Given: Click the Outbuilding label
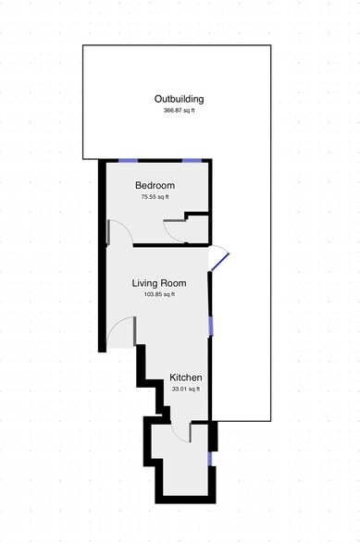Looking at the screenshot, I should (x=179, y=99).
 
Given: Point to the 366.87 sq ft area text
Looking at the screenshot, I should (x=179, y=111).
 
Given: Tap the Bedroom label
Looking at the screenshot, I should (x=155, y=186).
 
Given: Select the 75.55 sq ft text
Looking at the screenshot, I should (x=155, y=197).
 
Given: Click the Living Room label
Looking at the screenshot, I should (x=159, y=283).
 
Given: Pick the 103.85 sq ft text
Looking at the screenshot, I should (x=159, y=294).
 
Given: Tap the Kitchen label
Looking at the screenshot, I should (x=185, y=378).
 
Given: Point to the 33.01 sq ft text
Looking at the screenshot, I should (x=185, y=389).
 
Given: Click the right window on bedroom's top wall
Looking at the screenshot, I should (x=192, y=161).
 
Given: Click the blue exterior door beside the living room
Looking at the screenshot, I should (x=218, y=260).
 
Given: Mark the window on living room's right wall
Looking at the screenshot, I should (x=211, y=325).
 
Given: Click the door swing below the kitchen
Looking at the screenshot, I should (x=181, y=433).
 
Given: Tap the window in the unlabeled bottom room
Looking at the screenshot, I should (x=210, y=457).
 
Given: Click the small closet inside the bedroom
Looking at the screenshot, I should (x=196, y=229).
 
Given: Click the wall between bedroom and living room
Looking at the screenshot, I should (x=157, y=245).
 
